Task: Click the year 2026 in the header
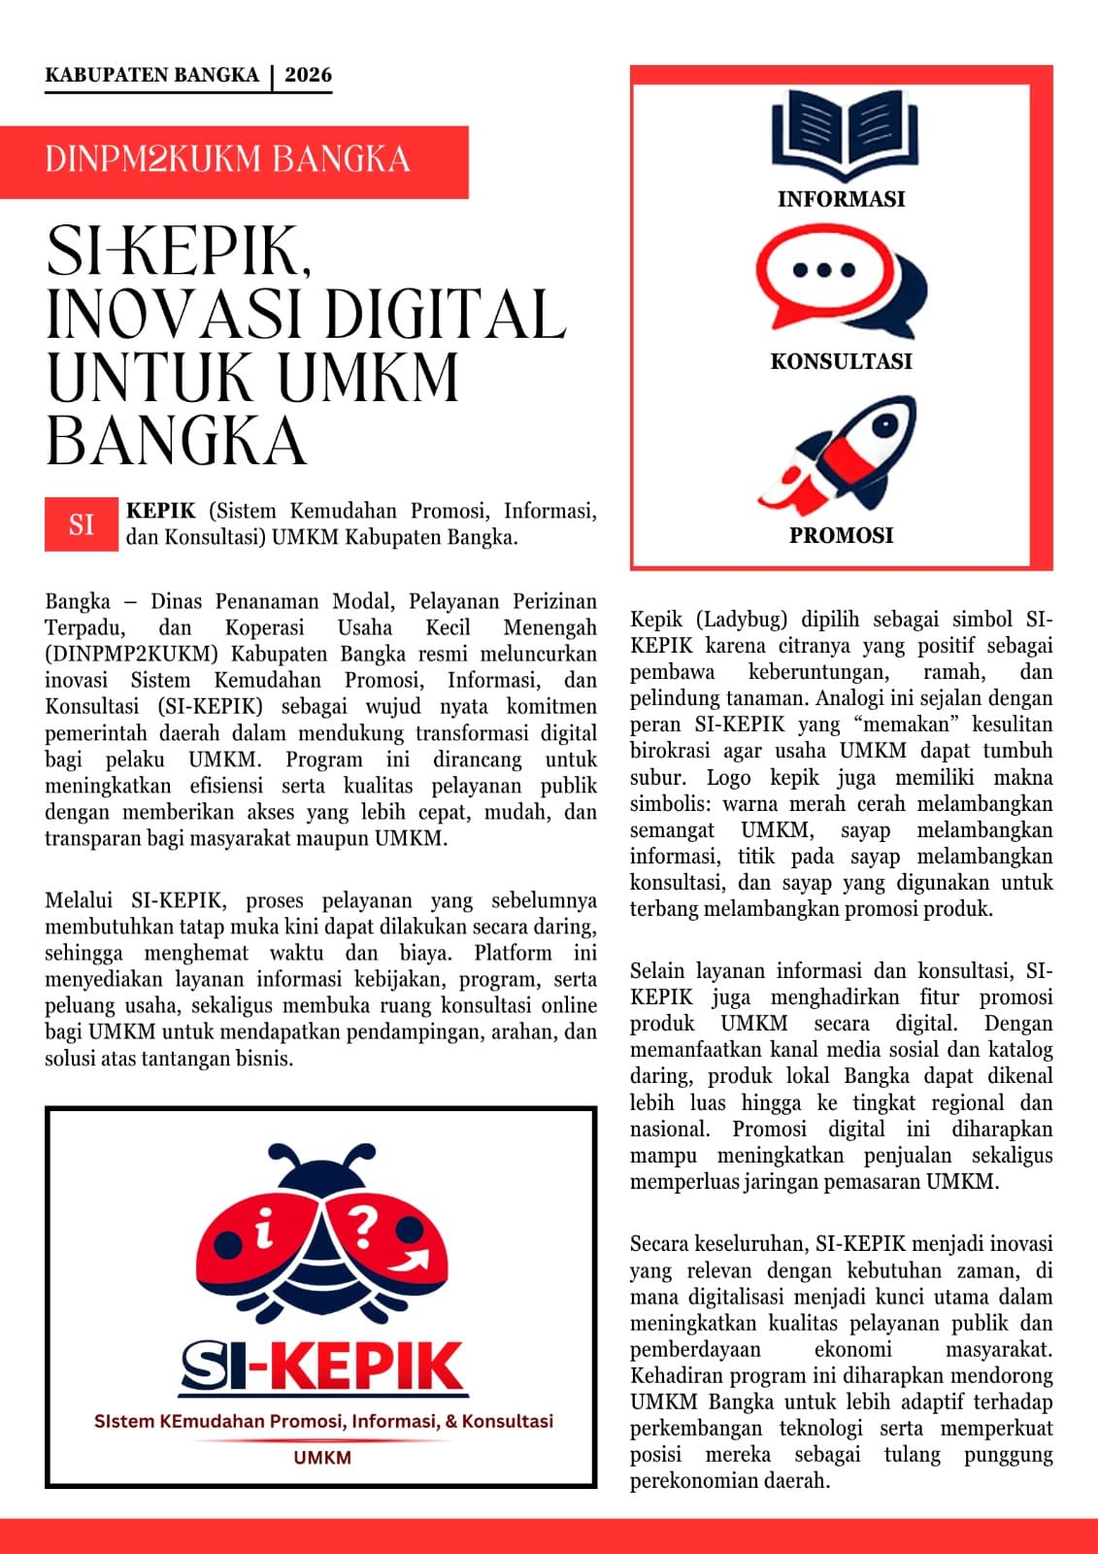pyautogui.click(x=308, y=75)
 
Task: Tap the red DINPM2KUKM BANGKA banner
pyautogui.click(x=233, y=161)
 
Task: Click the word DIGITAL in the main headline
pyautogui.click(x=446, y=314)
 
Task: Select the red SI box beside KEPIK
pyautogui.click(x=82, y=524)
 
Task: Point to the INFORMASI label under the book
pyautogui.click(x=841, y=199)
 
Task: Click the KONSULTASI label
pyautogui.click(x=841, y=361)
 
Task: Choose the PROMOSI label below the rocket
pyautogui.click(x=841, y=535)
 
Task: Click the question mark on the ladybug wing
pyautogui.click(x=362, y=1226)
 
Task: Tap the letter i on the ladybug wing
pyautogui.click(x=262, y=1233)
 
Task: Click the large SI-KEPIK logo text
pyautogui.click(x=323, y=1367)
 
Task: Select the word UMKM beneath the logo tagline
pyautogui.click(x=322, y=1457)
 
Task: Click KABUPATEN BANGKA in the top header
pyautogui.click(x=151, y=75)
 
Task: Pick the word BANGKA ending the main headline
pyautogui.click(x=176, y=441)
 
